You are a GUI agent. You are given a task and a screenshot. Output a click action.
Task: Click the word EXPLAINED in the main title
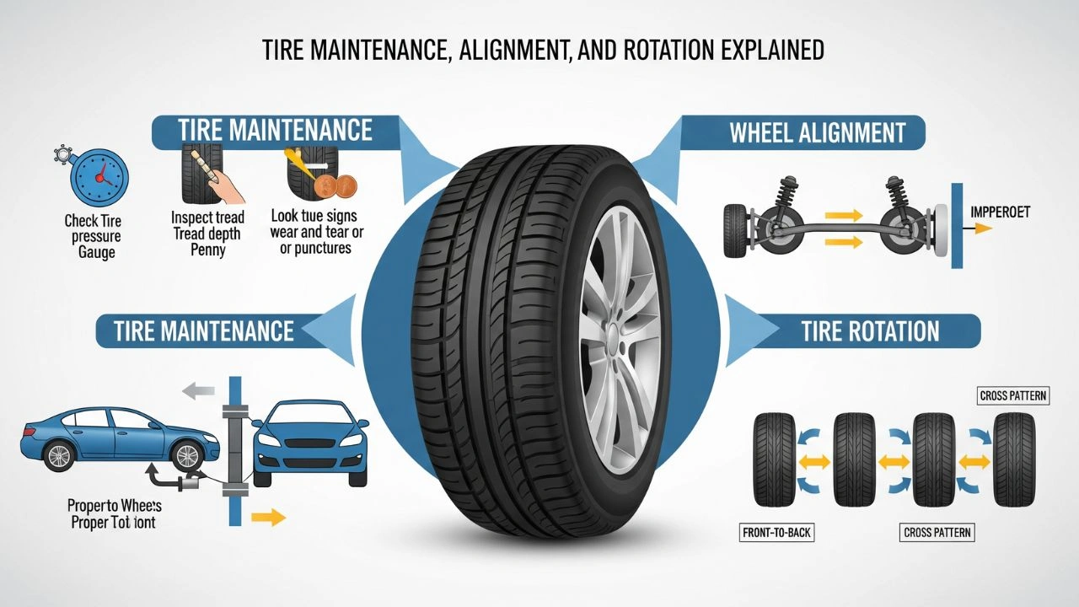click(760, 51)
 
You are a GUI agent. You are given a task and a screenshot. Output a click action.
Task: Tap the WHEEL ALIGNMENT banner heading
click(817, 132)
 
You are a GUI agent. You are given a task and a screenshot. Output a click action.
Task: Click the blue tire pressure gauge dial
click(99, 179)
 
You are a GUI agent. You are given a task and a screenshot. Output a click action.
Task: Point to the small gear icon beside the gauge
click(62, 153)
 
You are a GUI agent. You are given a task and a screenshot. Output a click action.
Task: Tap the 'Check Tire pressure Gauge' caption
click(93, 236)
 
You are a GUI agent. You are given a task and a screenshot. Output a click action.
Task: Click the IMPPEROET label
click(1001, 212)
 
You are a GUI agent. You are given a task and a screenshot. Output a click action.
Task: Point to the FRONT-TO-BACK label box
click(776, 532)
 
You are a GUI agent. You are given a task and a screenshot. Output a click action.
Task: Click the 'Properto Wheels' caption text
click(115, 506)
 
